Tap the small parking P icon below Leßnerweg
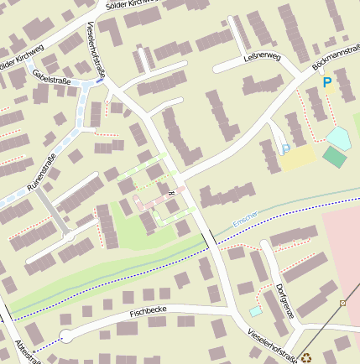tap(285, 148)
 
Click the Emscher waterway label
tap(247, 218)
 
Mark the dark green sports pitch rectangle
tap(334, 157)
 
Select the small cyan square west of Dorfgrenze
tap(255, 311)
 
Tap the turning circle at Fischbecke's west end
tap(68, 335)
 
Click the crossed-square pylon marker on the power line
tap(342, 302)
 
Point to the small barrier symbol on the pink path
tap(170, 193)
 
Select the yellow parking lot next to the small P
tap(298, 157)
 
